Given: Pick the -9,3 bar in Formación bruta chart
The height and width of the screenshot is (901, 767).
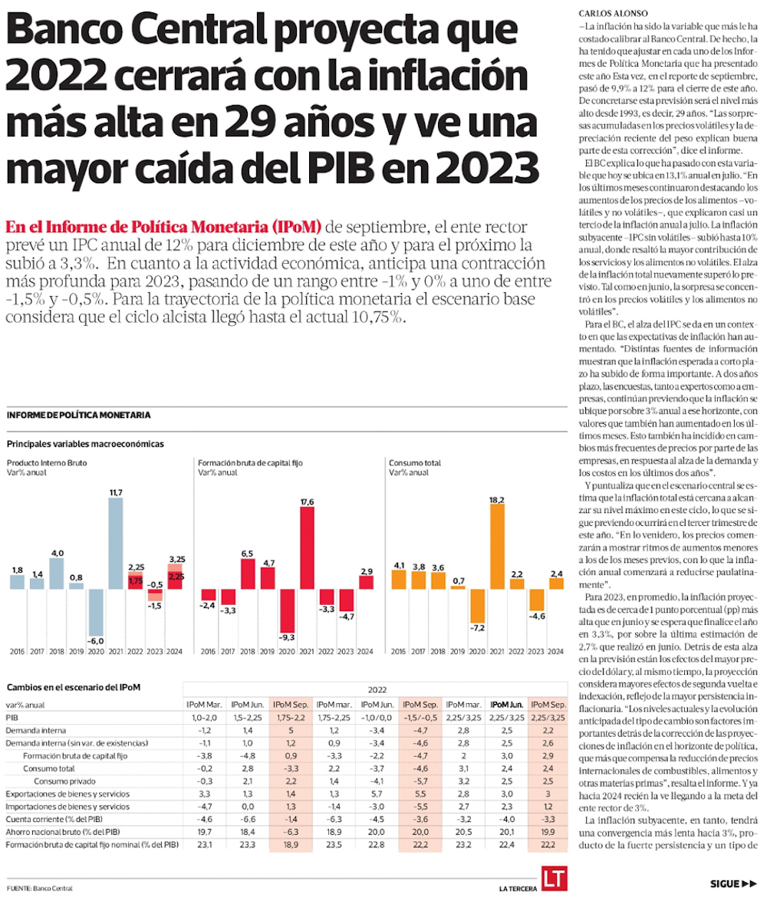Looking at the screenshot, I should pyautogui.click(x=287, y=610).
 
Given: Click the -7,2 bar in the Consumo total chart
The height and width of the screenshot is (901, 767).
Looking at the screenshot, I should pyautogui.click(x=477, y=606).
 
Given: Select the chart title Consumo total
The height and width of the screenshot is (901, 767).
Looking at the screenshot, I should pyautogui.click(x=414, y=463).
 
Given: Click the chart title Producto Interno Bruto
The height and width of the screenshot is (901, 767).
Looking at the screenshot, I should pyautogui.click(x=47, y=463).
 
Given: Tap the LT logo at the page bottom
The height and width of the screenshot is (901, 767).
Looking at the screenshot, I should pyautogui.click(x=552, y=879).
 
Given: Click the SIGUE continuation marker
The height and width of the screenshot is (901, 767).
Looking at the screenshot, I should pyautogui.click(x=733, y=883).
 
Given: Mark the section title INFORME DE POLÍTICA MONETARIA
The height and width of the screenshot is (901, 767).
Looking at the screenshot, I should pyautogui.click(x=78, y=415).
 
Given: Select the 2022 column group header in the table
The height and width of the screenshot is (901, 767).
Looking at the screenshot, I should pyautogui.click(x=377, y=689).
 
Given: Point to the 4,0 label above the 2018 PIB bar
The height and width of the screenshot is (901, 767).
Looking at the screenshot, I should pyautogui.click(x=57, y=552).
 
